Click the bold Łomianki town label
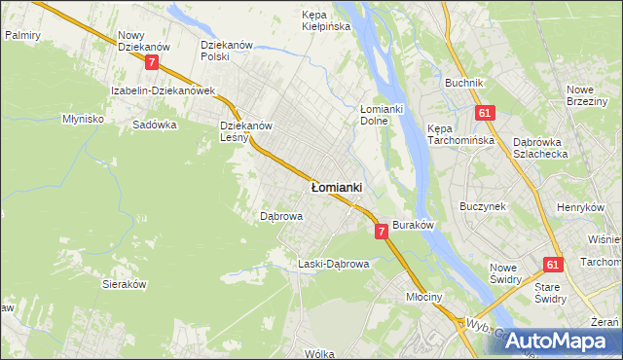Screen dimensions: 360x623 point(336,186)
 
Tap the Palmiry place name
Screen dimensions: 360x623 point(22,34)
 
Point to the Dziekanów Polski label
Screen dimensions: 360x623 point(227,51)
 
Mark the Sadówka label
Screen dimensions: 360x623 point(154,125)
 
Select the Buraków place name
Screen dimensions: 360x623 point(412,224)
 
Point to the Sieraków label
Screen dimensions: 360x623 point(125,284)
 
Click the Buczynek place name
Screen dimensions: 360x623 point(483,207)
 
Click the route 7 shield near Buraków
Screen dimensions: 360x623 point(381,231)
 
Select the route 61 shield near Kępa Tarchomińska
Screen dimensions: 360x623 point(484,113)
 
